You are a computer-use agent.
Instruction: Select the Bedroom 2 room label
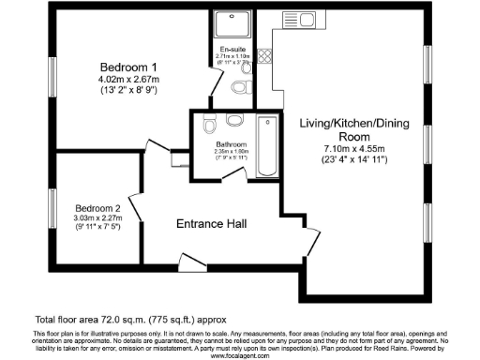98,207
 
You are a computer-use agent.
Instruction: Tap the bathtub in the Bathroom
267,145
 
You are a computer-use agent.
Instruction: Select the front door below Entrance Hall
192,260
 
